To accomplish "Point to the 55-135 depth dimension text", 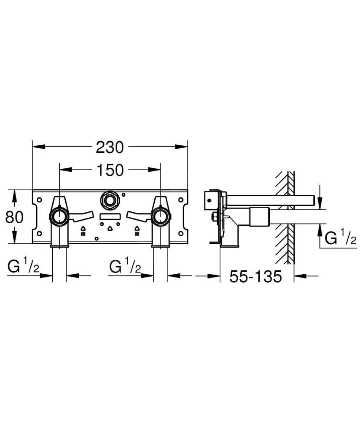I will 255,277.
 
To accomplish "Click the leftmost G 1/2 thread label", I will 24,267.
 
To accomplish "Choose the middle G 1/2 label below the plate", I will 125,267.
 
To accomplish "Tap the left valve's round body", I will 59,217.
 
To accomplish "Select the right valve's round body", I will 161,217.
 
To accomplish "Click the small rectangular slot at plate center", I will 110,217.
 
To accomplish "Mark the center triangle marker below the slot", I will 110,229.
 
